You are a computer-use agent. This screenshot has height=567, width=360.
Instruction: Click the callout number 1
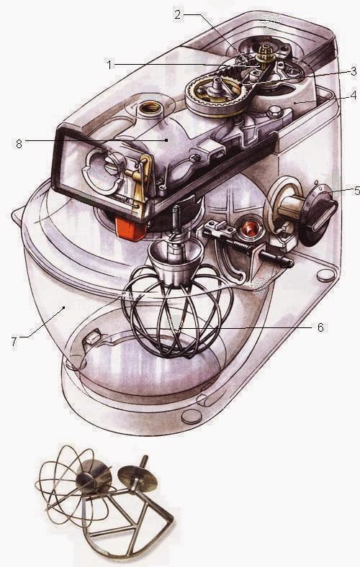(x=109, y=65)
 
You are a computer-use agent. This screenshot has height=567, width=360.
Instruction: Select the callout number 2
(x=178, y=14)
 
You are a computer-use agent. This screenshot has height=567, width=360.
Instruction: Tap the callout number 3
(x=354, y=71)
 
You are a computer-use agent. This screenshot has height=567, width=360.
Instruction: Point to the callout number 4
(x=354, y=96)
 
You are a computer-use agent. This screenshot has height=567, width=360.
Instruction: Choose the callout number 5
(x=356, y=191)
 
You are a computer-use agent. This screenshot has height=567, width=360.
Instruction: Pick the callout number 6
(x=320, y=327)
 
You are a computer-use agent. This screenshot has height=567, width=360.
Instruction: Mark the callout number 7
(x=14, y=341)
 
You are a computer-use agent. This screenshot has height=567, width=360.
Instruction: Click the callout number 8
(x=19, y=144)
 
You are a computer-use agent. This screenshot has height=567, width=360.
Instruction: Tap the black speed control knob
(x=320, y=214)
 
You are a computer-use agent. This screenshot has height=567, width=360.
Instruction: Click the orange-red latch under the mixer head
(x=131, y=227)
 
